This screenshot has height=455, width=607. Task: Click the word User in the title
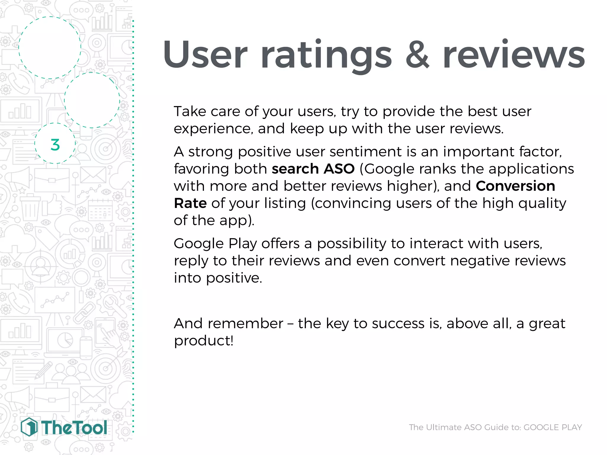[x=205, y=55]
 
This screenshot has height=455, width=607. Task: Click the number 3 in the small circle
[x=55, y=145]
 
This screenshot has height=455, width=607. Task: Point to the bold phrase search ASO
[x=313, y=169]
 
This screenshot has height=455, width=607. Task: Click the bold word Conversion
[x=515, y=186]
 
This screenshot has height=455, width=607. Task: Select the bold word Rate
[x=190, y=203]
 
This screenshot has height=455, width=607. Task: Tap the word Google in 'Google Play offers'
[x=199, y=244]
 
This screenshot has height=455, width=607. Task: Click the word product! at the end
[x=204, y=341]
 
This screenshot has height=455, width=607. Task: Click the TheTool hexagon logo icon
[x=29, y=427]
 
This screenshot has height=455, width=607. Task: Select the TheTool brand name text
[x=74, y=428]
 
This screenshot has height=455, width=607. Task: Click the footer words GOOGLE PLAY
[x=552, y=427]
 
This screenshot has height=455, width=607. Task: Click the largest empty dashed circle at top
[x=50, y=47]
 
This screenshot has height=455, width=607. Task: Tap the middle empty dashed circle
[x=92, y=100]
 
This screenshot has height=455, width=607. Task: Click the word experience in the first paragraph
[x=213, y=129]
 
